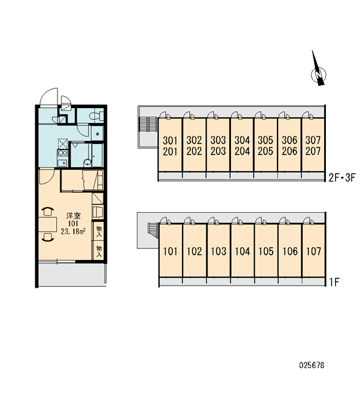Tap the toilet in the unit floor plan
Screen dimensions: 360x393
96,115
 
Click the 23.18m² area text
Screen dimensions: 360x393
73,231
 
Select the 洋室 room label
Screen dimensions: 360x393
73,215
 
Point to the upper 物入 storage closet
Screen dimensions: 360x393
99,231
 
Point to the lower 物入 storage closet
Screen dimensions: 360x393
99,251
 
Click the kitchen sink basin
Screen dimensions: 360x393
63,162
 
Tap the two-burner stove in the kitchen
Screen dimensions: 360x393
63,153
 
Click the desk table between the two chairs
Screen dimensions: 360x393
48,224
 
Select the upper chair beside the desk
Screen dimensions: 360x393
48,211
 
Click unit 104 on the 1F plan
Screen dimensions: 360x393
242,251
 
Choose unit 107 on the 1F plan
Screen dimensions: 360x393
314,251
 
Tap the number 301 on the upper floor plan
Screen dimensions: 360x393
170,140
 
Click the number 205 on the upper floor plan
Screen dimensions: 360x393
265,151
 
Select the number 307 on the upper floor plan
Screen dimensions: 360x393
313,140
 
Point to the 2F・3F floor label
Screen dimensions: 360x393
342,178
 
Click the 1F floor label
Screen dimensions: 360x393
334,282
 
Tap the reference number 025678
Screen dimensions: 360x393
312,365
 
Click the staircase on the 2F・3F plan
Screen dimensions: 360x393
148,124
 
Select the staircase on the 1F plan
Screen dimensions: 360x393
153,230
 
